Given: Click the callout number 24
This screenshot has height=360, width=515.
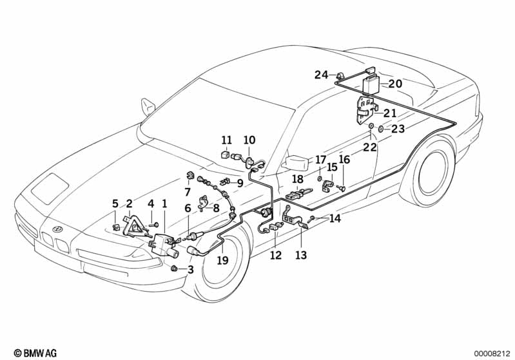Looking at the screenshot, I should coord(321,75).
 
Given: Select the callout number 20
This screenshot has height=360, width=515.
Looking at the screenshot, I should coord(395,84).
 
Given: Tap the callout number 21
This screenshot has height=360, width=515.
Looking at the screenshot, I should coord(390,113).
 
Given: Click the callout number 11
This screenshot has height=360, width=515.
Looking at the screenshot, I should coord(226,140).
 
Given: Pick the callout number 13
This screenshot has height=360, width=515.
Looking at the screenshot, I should coord(301,255).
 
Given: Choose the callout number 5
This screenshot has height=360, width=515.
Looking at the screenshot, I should coord(115,204).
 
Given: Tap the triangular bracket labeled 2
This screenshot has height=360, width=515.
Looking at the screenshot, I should coord(134,221).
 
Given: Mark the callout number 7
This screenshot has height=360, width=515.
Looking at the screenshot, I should coord(187,192).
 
